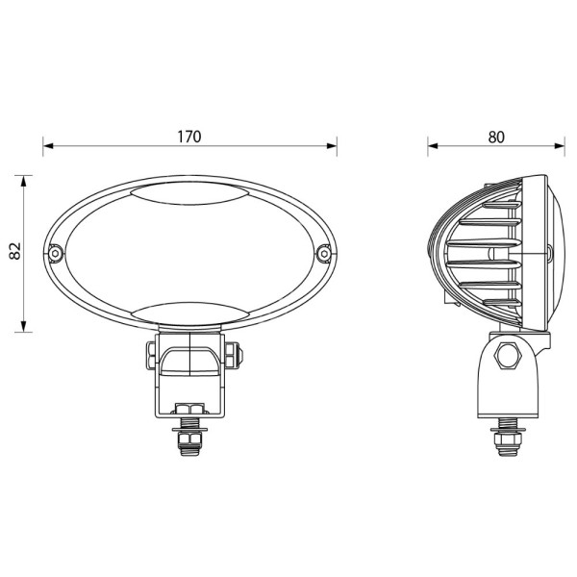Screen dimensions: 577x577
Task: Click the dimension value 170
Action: point(188,136)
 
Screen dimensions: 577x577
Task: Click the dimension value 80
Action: point(496,136)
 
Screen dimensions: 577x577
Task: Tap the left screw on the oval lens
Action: point(57,253)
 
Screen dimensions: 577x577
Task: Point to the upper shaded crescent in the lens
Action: point(189,197)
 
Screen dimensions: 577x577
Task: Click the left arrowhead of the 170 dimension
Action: point(47,146)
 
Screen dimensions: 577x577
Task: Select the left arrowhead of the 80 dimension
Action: point(433,146)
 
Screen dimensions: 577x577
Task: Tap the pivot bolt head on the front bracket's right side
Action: point(237,354)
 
